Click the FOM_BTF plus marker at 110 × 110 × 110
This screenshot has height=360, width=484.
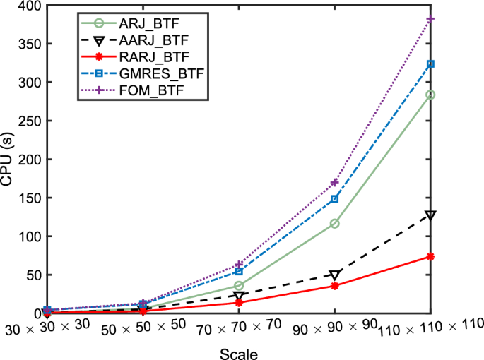pos(430,19)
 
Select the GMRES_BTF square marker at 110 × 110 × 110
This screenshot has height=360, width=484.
pos(430,64)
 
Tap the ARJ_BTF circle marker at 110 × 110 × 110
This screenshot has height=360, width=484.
pos(430,95)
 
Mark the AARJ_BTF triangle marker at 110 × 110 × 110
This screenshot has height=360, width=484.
pos(430,215)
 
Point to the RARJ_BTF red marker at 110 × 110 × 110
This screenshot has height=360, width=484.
pos(430,256)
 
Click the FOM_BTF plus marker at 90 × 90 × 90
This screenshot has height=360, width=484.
pos(334,183)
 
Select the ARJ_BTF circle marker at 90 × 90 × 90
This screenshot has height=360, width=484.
pos(334,224)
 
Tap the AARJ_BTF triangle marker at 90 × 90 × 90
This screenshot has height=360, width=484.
pos(334,275)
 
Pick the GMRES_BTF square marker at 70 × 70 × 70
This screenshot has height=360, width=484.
pos(239,272)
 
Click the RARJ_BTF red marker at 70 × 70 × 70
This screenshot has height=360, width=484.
pos(239,302)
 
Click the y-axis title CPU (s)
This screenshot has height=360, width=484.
pos(8,159)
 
